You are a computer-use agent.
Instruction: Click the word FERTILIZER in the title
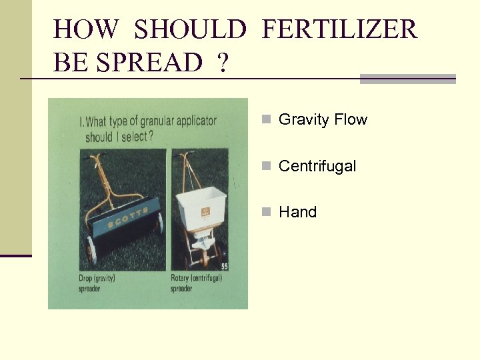(339, 30)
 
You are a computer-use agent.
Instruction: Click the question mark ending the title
(221, 63)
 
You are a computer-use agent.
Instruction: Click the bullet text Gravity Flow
(323, 120)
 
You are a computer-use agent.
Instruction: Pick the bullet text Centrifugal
(317, 166)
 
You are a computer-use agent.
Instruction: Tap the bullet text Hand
(297, 212)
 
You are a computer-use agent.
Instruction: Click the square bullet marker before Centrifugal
(266, 166)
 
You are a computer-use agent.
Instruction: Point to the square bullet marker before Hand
(266, 212)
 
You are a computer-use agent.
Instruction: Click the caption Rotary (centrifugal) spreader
(196, 283)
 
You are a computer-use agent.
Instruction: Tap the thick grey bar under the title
(407, 79)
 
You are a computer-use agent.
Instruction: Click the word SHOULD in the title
(190, 30)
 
